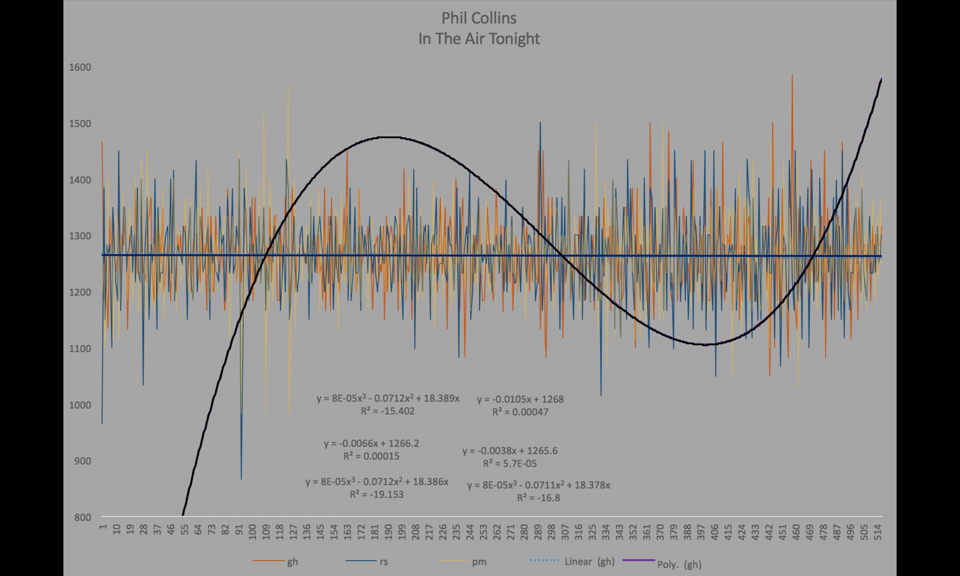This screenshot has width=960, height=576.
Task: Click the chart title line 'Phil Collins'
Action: [479, 18]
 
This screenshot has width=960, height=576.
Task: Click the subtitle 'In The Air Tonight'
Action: [479, 39]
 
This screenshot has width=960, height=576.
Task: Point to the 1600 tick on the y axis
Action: [80, 67]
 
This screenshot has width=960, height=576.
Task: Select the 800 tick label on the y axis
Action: [83, 517]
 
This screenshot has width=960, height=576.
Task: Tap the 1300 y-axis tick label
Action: [80, 236]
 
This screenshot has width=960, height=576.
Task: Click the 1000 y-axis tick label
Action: [80, 405]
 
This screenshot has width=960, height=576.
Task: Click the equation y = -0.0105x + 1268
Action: [520, 399]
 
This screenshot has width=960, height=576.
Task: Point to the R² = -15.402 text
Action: [387, 411]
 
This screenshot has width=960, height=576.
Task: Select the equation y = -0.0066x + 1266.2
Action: [371, 443]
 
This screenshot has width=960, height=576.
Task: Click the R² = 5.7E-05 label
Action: [510, 464]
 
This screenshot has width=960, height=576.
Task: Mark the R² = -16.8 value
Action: [539, 498]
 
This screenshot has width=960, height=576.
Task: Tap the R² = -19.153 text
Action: [376, 495]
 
